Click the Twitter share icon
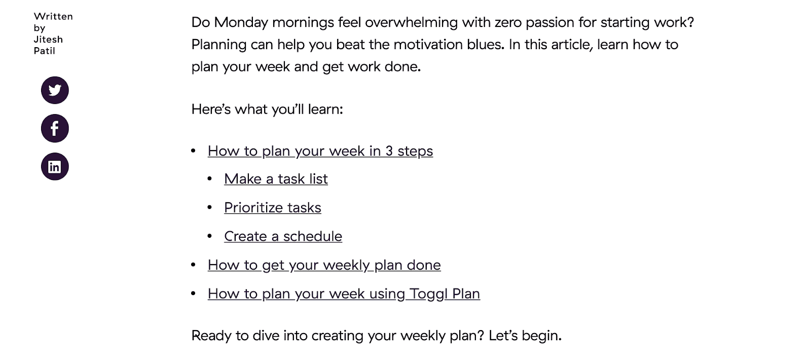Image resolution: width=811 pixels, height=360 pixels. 55,90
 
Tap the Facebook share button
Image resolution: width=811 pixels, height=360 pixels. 55,128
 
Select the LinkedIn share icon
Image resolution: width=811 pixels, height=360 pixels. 55,167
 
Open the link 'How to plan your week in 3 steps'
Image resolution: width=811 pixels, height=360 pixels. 320,151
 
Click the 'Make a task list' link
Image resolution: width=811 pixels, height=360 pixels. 276,179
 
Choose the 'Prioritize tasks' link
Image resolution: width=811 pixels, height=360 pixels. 273,207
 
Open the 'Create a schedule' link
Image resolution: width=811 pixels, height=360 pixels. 283,236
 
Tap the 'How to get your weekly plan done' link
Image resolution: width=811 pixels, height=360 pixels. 324,265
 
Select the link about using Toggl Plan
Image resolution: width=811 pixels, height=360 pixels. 344,294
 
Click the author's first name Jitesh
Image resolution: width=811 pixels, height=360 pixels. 48,39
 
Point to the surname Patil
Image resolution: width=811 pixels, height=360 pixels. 44,51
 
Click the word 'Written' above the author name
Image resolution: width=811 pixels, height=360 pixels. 53,16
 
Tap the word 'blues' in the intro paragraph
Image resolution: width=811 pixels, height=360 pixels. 485,45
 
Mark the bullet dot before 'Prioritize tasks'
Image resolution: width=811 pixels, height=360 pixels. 210,207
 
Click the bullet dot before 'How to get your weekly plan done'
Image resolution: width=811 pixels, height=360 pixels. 193,265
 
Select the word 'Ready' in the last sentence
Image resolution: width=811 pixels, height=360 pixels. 211,336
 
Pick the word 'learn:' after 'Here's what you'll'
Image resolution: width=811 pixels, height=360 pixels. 325,110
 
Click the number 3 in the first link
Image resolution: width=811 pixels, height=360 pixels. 389,151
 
